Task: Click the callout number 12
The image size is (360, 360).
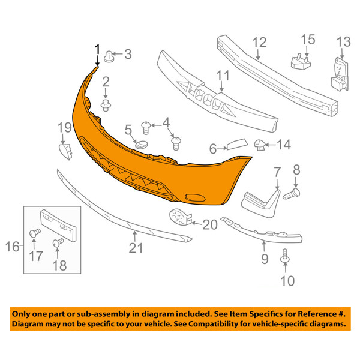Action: [259, 43]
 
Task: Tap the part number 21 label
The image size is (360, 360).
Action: [136, 248]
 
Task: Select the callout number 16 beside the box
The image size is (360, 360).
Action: [12, 247]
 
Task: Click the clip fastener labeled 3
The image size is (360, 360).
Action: [109, 56]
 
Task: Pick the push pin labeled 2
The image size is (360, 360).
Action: [106, 106]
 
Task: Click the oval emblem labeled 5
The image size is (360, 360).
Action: [142, 145]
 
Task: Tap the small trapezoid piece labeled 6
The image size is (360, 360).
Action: [237, 143]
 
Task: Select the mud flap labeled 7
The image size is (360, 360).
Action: [261, 203]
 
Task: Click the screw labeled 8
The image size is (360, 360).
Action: [292, 194]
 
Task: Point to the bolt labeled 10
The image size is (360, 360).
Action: [285, 256]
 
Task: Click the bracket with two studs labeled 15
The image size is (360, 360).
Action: [301, 62]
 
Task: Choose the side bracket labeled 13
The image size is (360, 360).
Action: [340, 74]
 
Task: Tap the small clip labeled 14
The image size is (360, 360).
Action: [260, 145]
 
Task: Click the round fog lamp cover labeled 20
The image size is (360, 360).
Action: [180, 217]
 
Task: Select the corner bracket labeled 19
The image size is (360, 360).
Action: [65, 151]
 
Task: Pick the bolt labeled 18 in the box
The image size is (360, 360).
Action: [58, 242]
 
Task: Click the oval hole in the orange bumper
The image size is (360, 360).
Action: [196, 197]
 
